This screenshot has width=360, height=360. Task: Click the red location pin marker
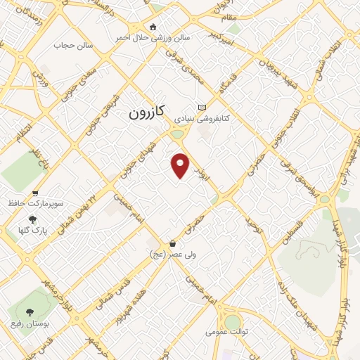(x=181, y=165)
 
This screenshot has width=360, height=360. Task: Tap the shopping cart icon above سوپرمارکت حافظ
(x=35, y=193)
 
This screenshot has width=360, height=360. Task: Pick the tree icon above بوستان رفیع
(x=30, y=311)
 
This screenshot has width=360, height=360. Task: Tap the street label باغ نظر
(x=37, y=145)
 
